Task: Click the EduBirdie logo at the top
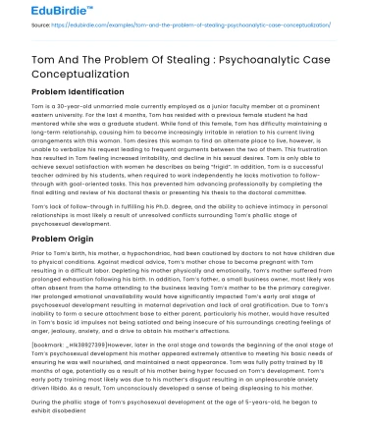(x=33, y=13)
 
